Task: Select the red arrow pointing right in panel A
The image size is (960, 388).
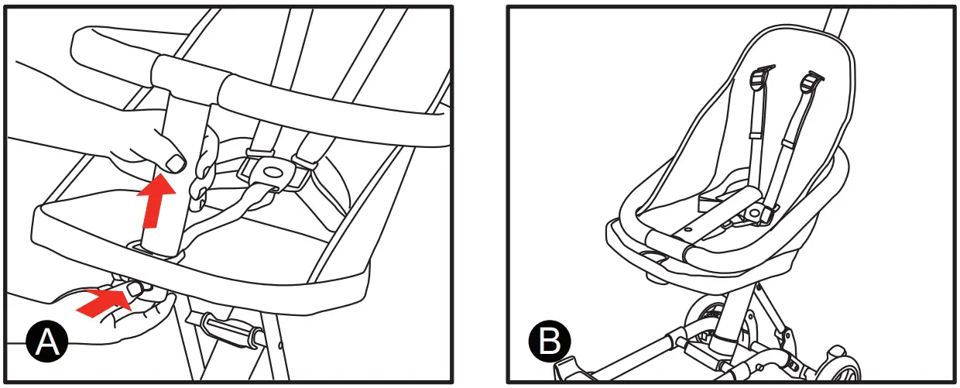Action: pyautogui.click(x=105, y=302)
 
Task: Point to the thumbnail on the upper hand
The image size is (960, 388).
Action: pyautogui.click(x=177, y=163)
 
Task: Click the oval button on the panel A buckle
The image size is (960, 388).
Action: pyautogui.click(x=272, y=170)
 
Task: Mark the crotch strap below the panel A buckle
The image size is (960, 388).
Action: pyautogui.click(x=232, y=213)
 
